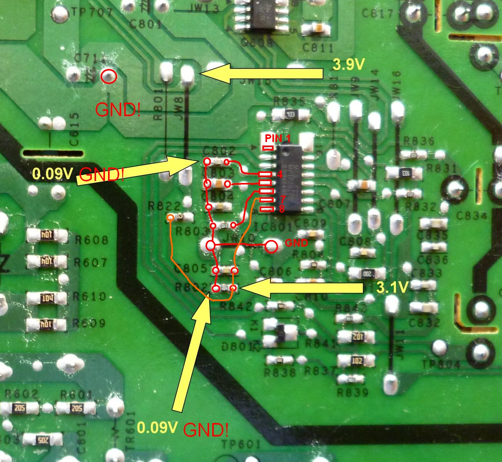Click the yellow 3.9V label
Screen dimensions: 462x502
pyautogui.click(x=348, y=64)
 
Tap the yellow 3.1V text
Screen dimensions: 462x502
pyautogui.click(x=392, y=287)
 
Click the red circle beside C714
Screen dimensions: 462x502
pyautogui.click(x=109, y=76)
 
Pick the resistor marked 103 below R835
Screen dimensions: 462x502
pyautogui.click(x=291, y=115)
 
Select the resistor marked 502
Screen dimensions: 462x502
pyautogui.click(x=42, y=440)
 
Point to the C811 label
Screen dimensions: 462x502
pyautogui.click(x=318, y=48)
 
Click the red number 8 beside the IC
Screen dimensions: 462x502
pyautogui.click(x=282, y=209)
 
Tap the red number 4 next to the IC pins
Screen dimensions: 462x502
pyautogui.click(x=280, y=174)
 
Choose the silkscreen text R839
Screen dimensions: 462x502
pyautogui.click(x=353, y=393)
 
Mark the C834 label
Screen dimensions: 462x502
pyautogui.click(x=472, y=215)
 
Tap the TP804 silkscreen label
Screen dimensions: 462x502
pyautogui.click(x=441, y=364)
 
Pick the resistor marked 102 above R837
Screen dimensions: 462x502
pyautogui.click(x=357, y=361)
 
